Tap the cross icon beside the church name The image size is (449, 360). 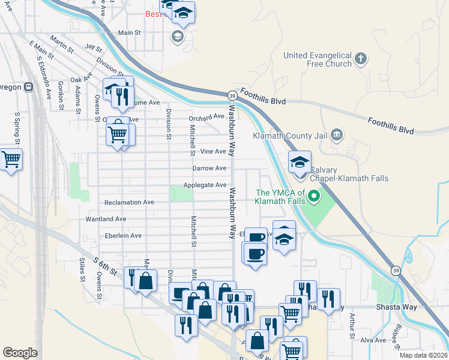coord(360,58)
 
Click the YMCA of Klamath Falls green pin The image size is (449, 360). coord(312,196)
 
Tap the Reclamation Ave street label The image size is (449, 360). coord(130,203)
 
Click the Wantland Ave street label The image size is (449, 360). coord(106,220)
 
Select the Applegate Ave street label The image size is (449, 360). coord(205,185)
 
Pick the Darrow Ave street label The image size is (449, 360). coord(209,169)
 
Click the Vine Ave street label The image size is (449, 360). coord(212,152)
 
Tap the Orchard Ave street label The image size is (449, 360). coord(206,117)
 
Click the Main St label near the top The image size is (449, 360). coord(129,33)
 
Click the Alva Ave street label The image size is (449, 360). coord(373,340)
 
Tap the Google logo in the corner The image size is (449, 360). coord(20,353)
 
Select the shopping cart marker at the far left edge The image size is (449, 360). coord(10,160)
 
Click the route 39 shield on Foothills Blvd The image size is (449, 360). coord(232,95)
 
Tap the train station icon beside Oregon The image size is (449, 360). coord(28,87)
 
